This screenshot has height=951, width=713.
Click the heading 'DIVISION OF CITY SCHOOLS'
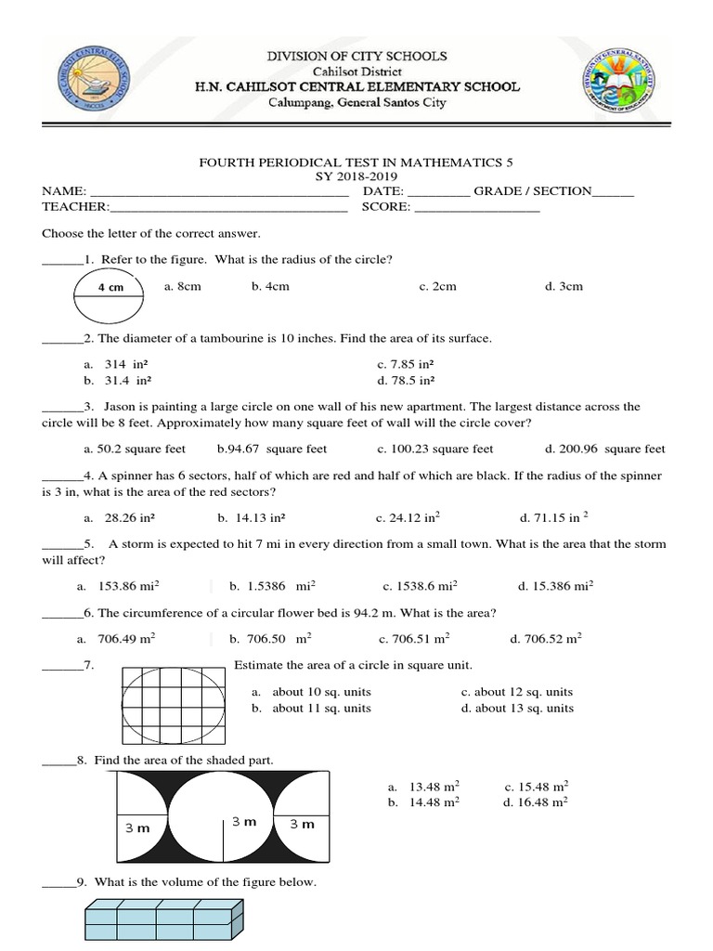coord(356,56)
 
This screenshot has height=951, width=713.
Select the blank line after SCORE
coord(476,208)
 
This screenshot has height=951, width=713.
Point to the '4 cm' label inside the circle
coord(110,288)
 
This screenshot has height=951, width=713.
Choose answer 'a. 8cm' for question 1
coord(182,286)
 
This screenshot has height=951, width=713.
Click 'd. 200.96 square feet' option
coord(605,449)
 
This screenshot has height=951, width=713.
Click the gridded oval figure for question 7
coord(174,705)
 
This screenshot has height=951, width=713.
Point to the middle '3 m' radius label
coord(244,822)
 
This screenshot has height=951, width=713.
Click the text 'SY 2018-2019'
coord(356,176)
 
